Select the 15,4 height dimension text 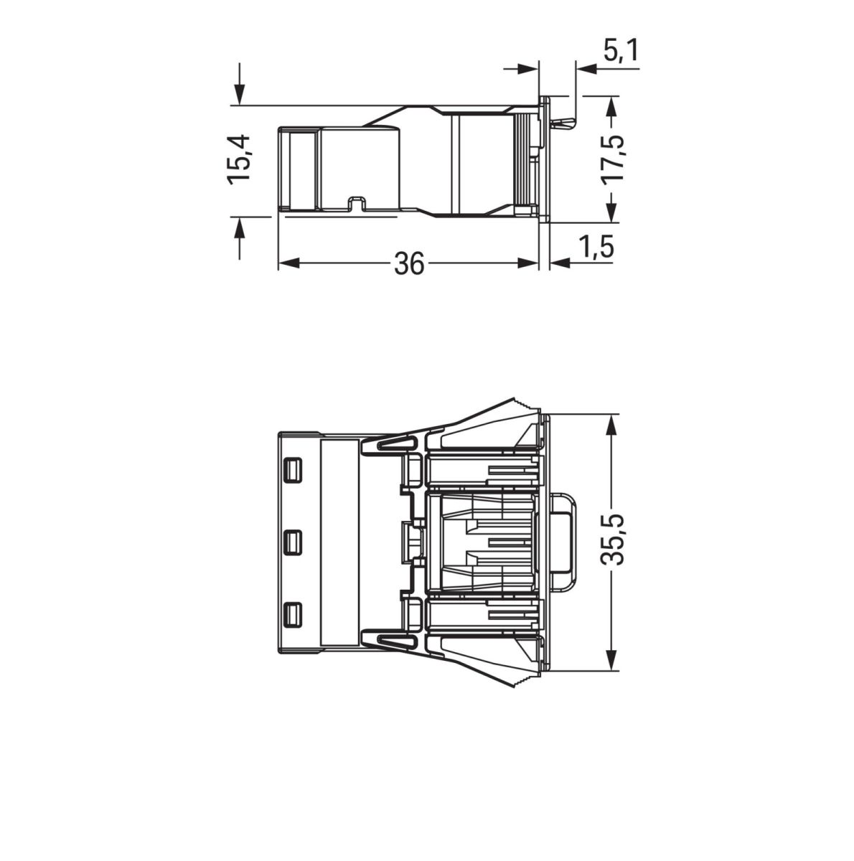pos(238,159)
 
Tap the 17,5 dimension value pos(611,159)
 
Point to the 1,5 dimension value pos(597,248)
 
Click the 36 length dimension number pos(409,264)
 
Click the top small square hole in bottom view pos(293,470)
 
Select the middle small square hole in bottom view pos(293,542)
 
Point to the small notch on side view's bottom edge pos(356,204)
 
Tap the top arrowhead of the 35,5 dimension pos(611,423)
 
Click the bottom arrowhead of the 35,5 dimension pos(611,662)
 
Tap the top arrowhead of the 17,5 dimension pos(611,106)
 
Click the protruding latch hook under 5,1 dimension pos(563,123)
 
